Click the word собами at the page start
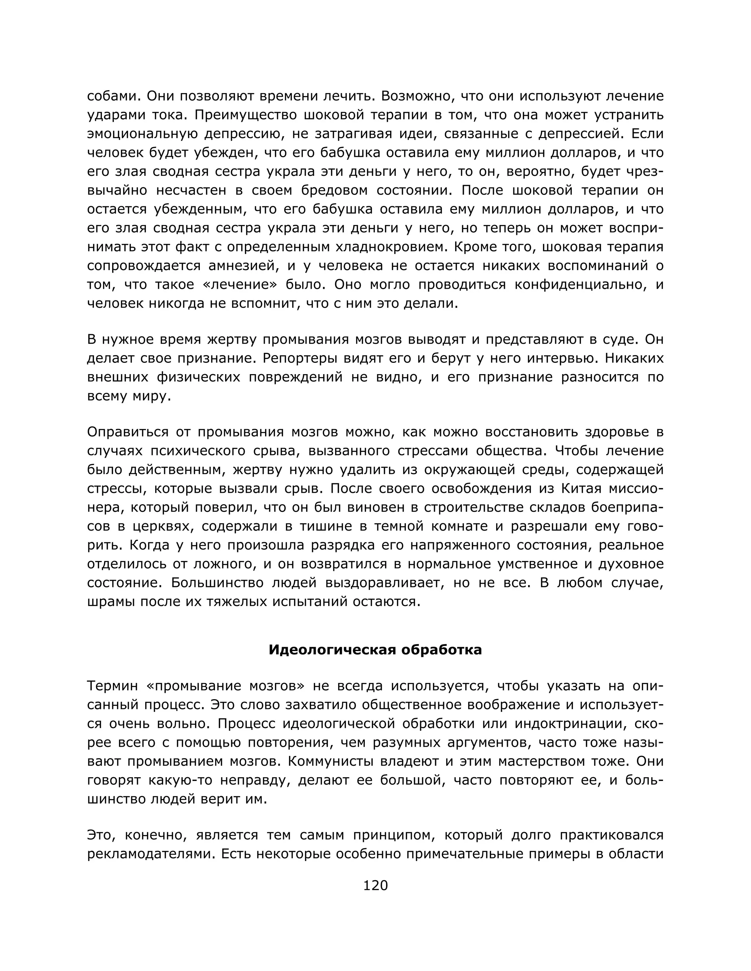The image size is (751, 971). point(113,96)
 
